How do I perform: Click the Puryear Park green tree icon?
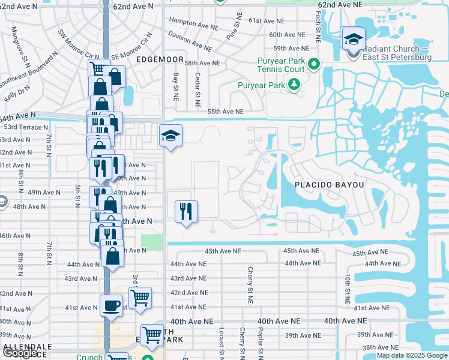pos(294,85)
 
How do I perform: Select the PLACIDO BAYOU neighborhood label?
pos(330,185)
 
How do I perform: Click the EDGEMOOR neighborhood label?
pos(158,60)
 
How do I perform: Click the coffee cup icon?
pos(112,305)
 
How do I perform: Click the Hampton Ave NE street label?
pos(193,23)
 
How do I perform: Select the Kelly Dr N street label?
pos(17,92)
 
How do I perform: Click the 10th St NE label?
pos(348,288)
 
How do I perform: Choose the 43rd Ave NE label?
pos(188,278)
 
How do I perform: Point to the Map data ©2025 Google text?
pos(412,356)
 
